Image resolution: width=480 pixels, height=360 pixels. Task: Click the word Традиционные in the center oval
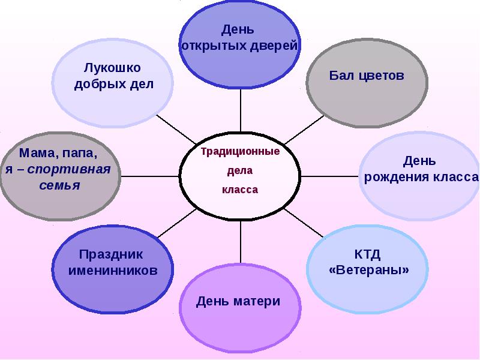pyautogui.click(x=240, y=152)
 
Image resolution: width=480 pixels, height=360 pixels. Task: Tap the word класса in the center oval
pyautogui.click(x=240, y=190)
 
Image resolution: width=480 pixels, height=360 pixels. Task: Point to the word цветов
pyautogui.click(x=382, y=76)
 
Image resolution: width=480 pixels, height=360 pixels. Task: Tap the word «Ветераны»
pyautogui.click(x=368, y=270)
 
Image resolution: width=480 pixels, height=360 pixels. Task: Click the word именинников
pyautogui.click(x=113, y=271)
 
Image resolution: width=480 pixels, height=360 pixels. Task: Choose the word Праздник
pyautogui.click(x=112, y=254)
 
